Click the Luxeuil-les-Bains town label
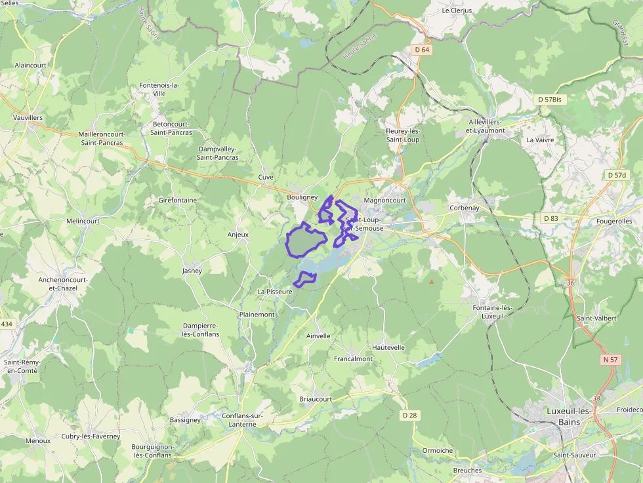pos(568,416)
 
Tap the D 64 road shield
pos(422,50)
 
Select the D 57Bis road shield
pos(550,100)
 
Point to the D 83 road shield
pos(550,218)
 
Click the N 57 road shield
pos(610,360)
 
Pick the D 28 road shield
pos(409,415)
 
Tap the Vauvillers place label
pos(28,117)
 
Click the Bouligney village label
pos(302,197)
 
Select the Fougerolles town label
pos(613,222)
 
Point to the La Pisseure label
pos(275,291)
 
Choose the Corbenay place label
pos(465,208)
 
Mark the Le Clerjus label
pos(457,10)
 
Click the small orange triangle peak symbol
pos(432,282)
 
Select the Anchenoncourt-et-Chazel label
pos(63,284)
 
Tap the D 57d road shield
pos(617,175)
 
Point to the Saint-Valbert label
pos(596,318)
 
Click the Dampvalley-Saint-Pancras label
pos(218,153)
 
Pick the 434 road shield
pos(7,324)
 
